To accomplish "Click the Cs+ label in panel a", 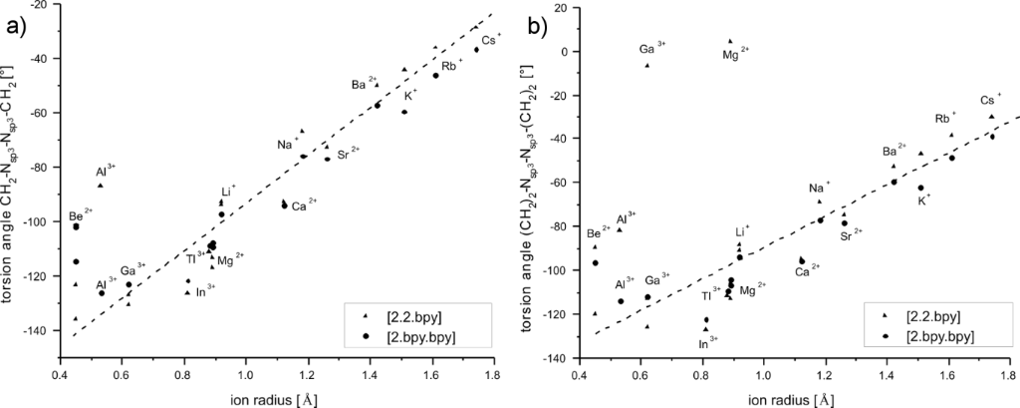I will [x=491, y=39].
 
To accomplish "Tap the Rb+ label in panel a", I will [x=452, y=65].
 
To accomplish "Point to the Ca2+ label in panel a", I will [x=304, y=205].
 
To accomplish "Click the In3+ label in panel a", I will [x=205, y=291].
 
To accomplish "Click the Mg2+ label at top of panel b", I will [x=735, y=54].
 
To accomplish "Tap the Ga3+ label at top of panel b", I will [x=652, y=48].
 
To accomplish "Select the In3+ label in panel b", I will [x=708, y=342].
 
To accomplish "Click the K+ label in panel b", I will [x=923, y=199].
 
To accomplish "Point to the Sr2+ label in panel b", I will [x=851, y=235].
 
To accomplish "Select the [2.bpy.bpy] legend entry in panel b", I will [x=925, y=336].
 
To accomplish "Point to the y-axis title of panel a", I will [x=14, y=180].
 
